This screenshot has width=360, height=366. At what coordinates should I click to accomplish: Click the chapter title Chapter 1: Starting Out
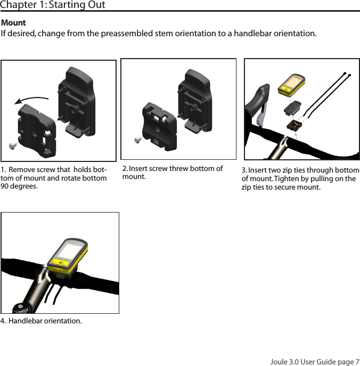pos(53,5)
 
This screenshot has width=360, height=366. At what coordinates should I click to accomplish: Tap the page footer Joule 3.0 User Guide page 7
pos(315,362)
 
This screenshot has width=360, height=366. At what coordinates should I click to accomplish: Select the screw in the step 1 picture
pos(13,144)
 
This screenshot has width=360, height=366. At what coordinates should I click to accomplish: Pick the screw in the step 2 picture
pos(137,140)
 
